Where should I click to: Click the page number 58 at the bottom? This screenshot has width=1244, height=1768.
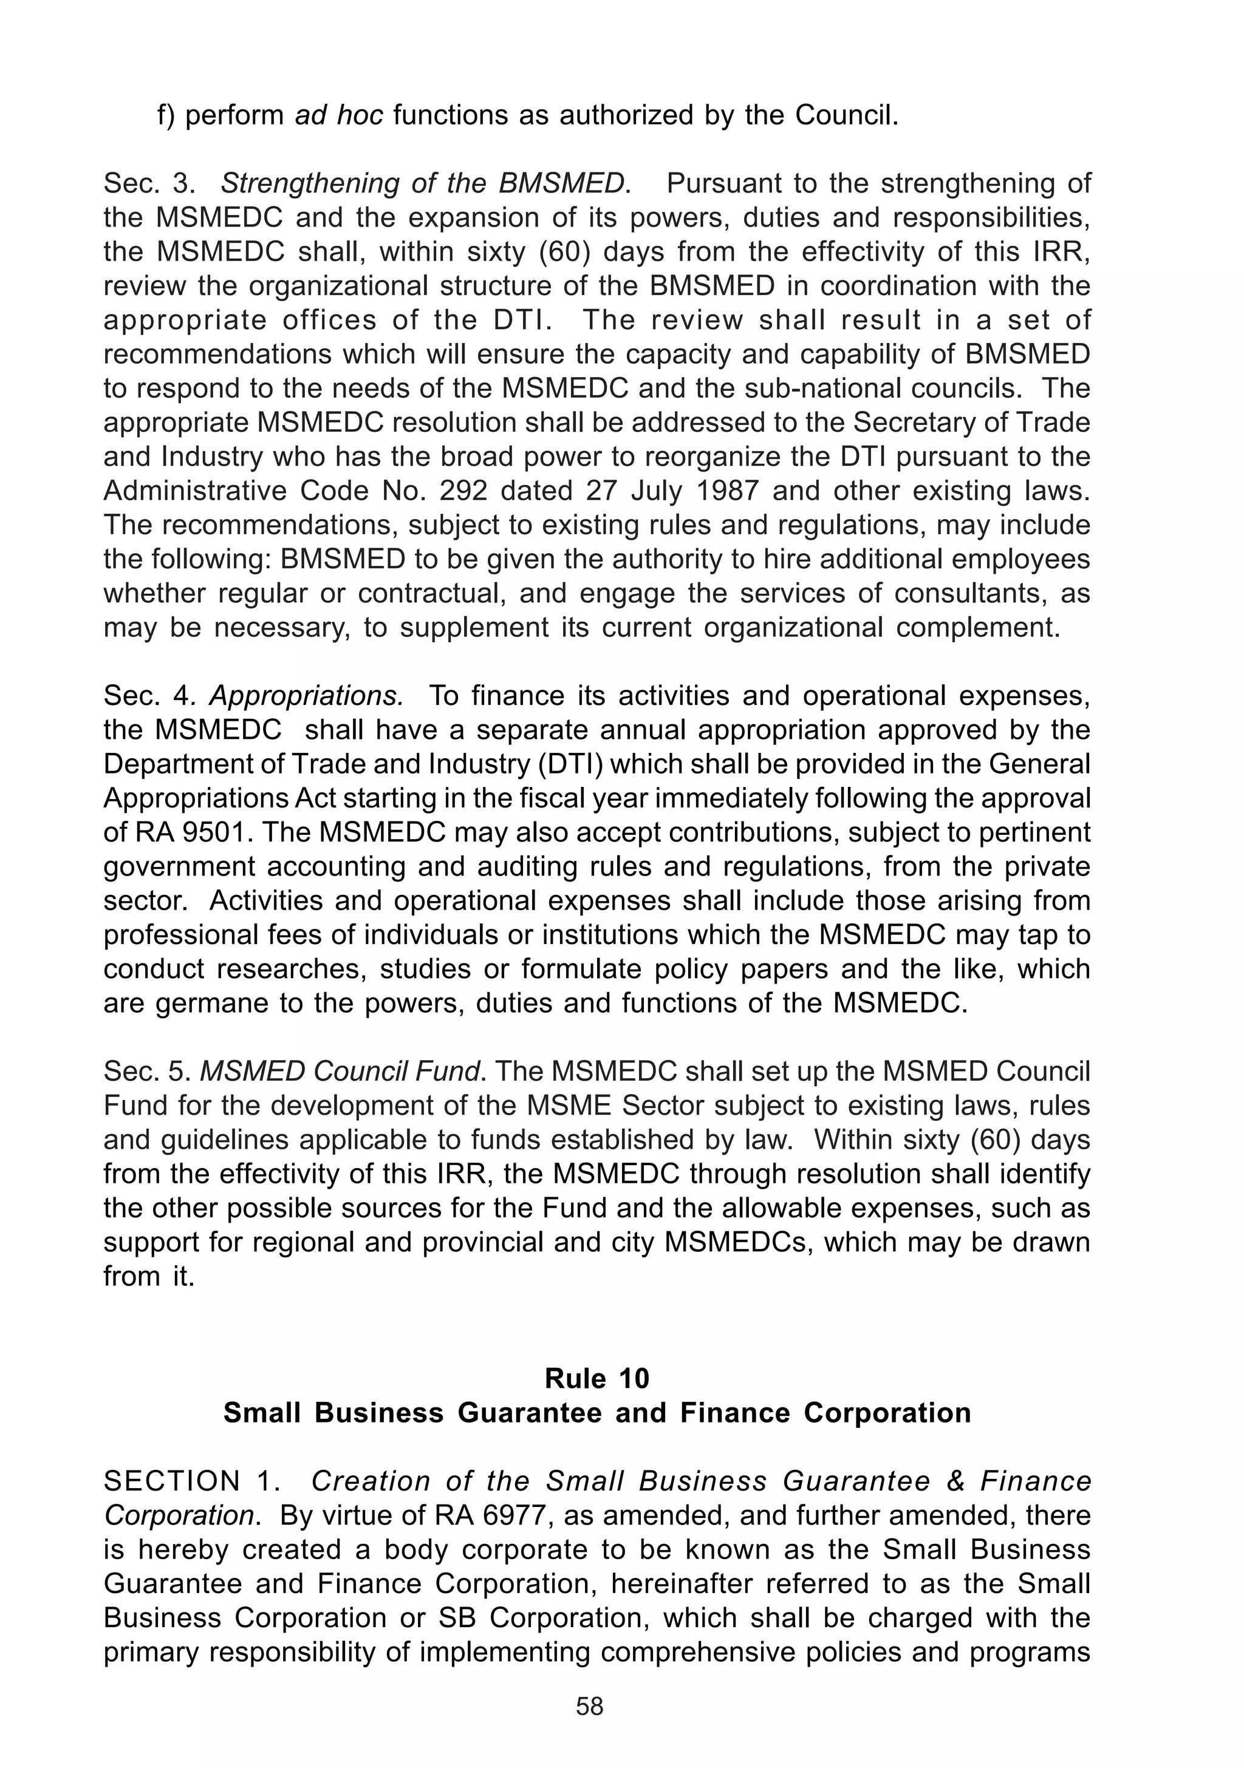(589, 1729)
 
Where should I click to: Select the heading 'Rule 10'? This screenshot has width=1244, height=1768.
(597, 1378)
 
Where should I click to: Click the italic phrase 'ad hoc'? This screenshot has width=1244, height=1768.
(339, 115)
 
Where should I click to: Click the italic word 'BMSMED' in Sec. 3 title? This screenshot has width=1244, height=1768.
(561, 184)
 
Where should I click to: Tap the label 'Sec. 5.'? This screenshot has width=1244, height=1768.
(148, 1072)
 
